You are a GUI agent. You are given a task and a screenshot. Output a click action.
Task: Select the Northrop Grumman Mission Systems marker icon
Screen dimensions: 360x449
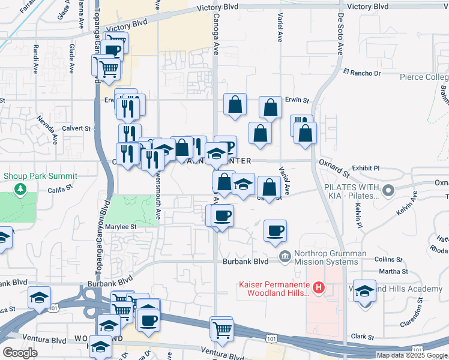pos(286,257)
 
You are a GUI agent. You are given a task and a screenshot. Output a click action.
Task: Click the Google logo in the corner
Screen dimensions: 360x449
pos(20,353)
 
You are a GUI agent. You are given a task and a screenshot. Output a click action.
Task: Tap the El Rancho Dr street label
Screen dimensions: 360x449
pos(362,73)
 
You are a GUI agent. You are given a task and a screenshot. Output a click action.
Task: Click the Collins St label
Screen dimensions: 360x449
pos(388,259)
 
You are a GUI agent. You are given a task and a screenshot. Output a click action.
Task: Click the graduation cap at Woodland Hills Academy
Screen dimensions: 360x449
pos(364,292)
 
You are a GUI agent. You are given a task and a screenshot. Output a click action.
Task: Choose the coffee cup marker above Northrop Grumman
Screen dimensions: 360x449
pos(275,230)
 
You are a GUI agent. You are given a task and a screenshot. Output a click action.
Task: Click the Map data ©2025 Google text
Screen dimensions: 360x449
pos(412,355)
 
